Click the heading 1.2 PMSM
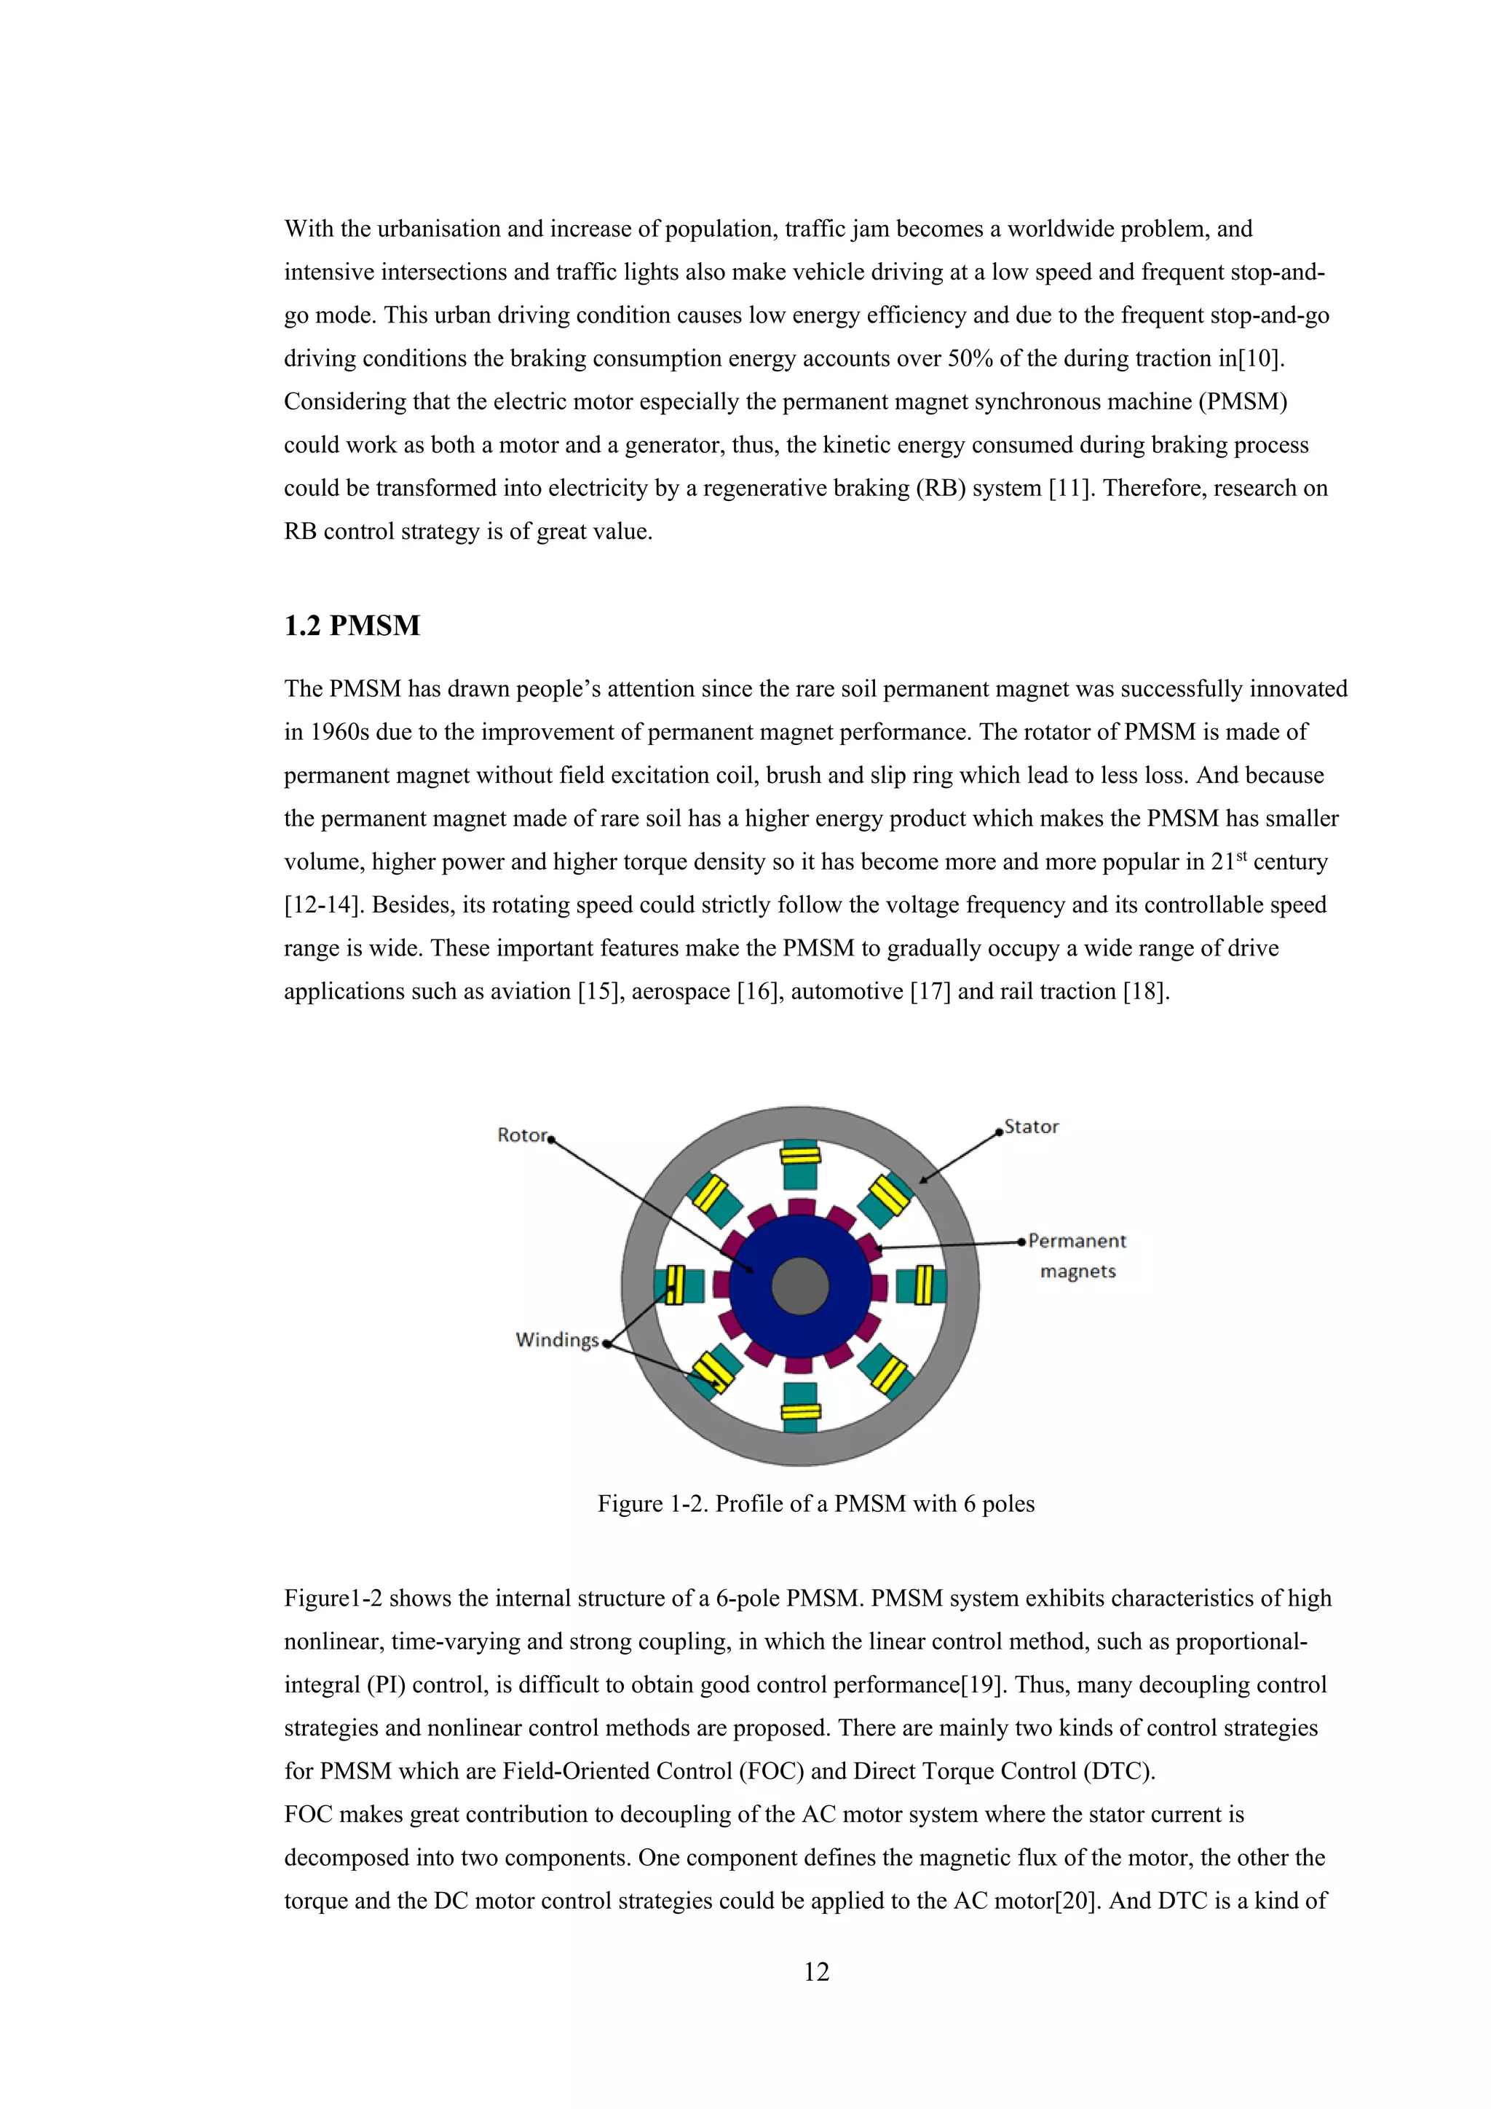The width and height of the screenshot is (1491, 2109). pos(352,626)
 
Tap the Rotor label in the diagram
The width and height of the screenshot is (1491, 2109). pos(521,1135)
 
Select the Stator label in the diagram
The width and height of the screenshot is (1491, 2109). pos(1032,1127)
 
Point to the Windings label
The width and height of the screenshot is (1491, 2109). pos(556,1340)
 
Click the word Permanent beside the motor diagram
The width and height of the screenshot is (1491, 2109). pos(1077,1241)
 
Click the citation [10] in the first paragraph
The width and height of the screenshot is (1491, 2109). pos(1259,359)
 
